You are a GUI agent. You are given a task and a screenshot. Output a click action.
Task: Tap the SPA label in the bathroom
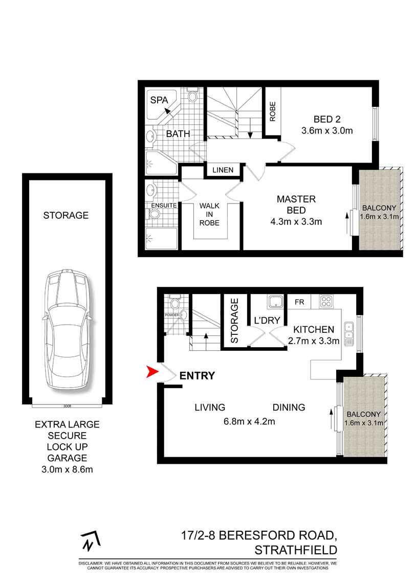point(159,100)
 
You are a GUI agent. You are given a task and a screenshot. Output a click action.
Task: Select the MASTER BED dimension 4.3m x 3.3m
point(296,221)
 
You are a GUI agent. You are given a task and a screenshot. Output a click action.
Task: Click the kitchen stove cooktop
point(325,302)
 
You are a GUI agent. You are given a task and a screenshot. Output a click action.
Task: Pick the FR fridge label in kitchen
point(299,302)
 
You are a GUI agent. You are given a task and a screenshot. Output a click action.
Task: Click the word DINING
point(289,408)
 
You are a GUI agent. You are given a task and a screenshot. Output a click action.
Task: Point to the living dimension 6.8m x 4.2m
point(250,421)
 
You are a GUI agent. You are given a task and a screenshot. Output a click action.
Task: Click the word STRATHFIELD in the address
point(296,550)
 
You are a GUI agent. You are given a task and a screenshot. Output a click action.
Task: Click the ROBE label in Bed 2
point(273,112)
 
